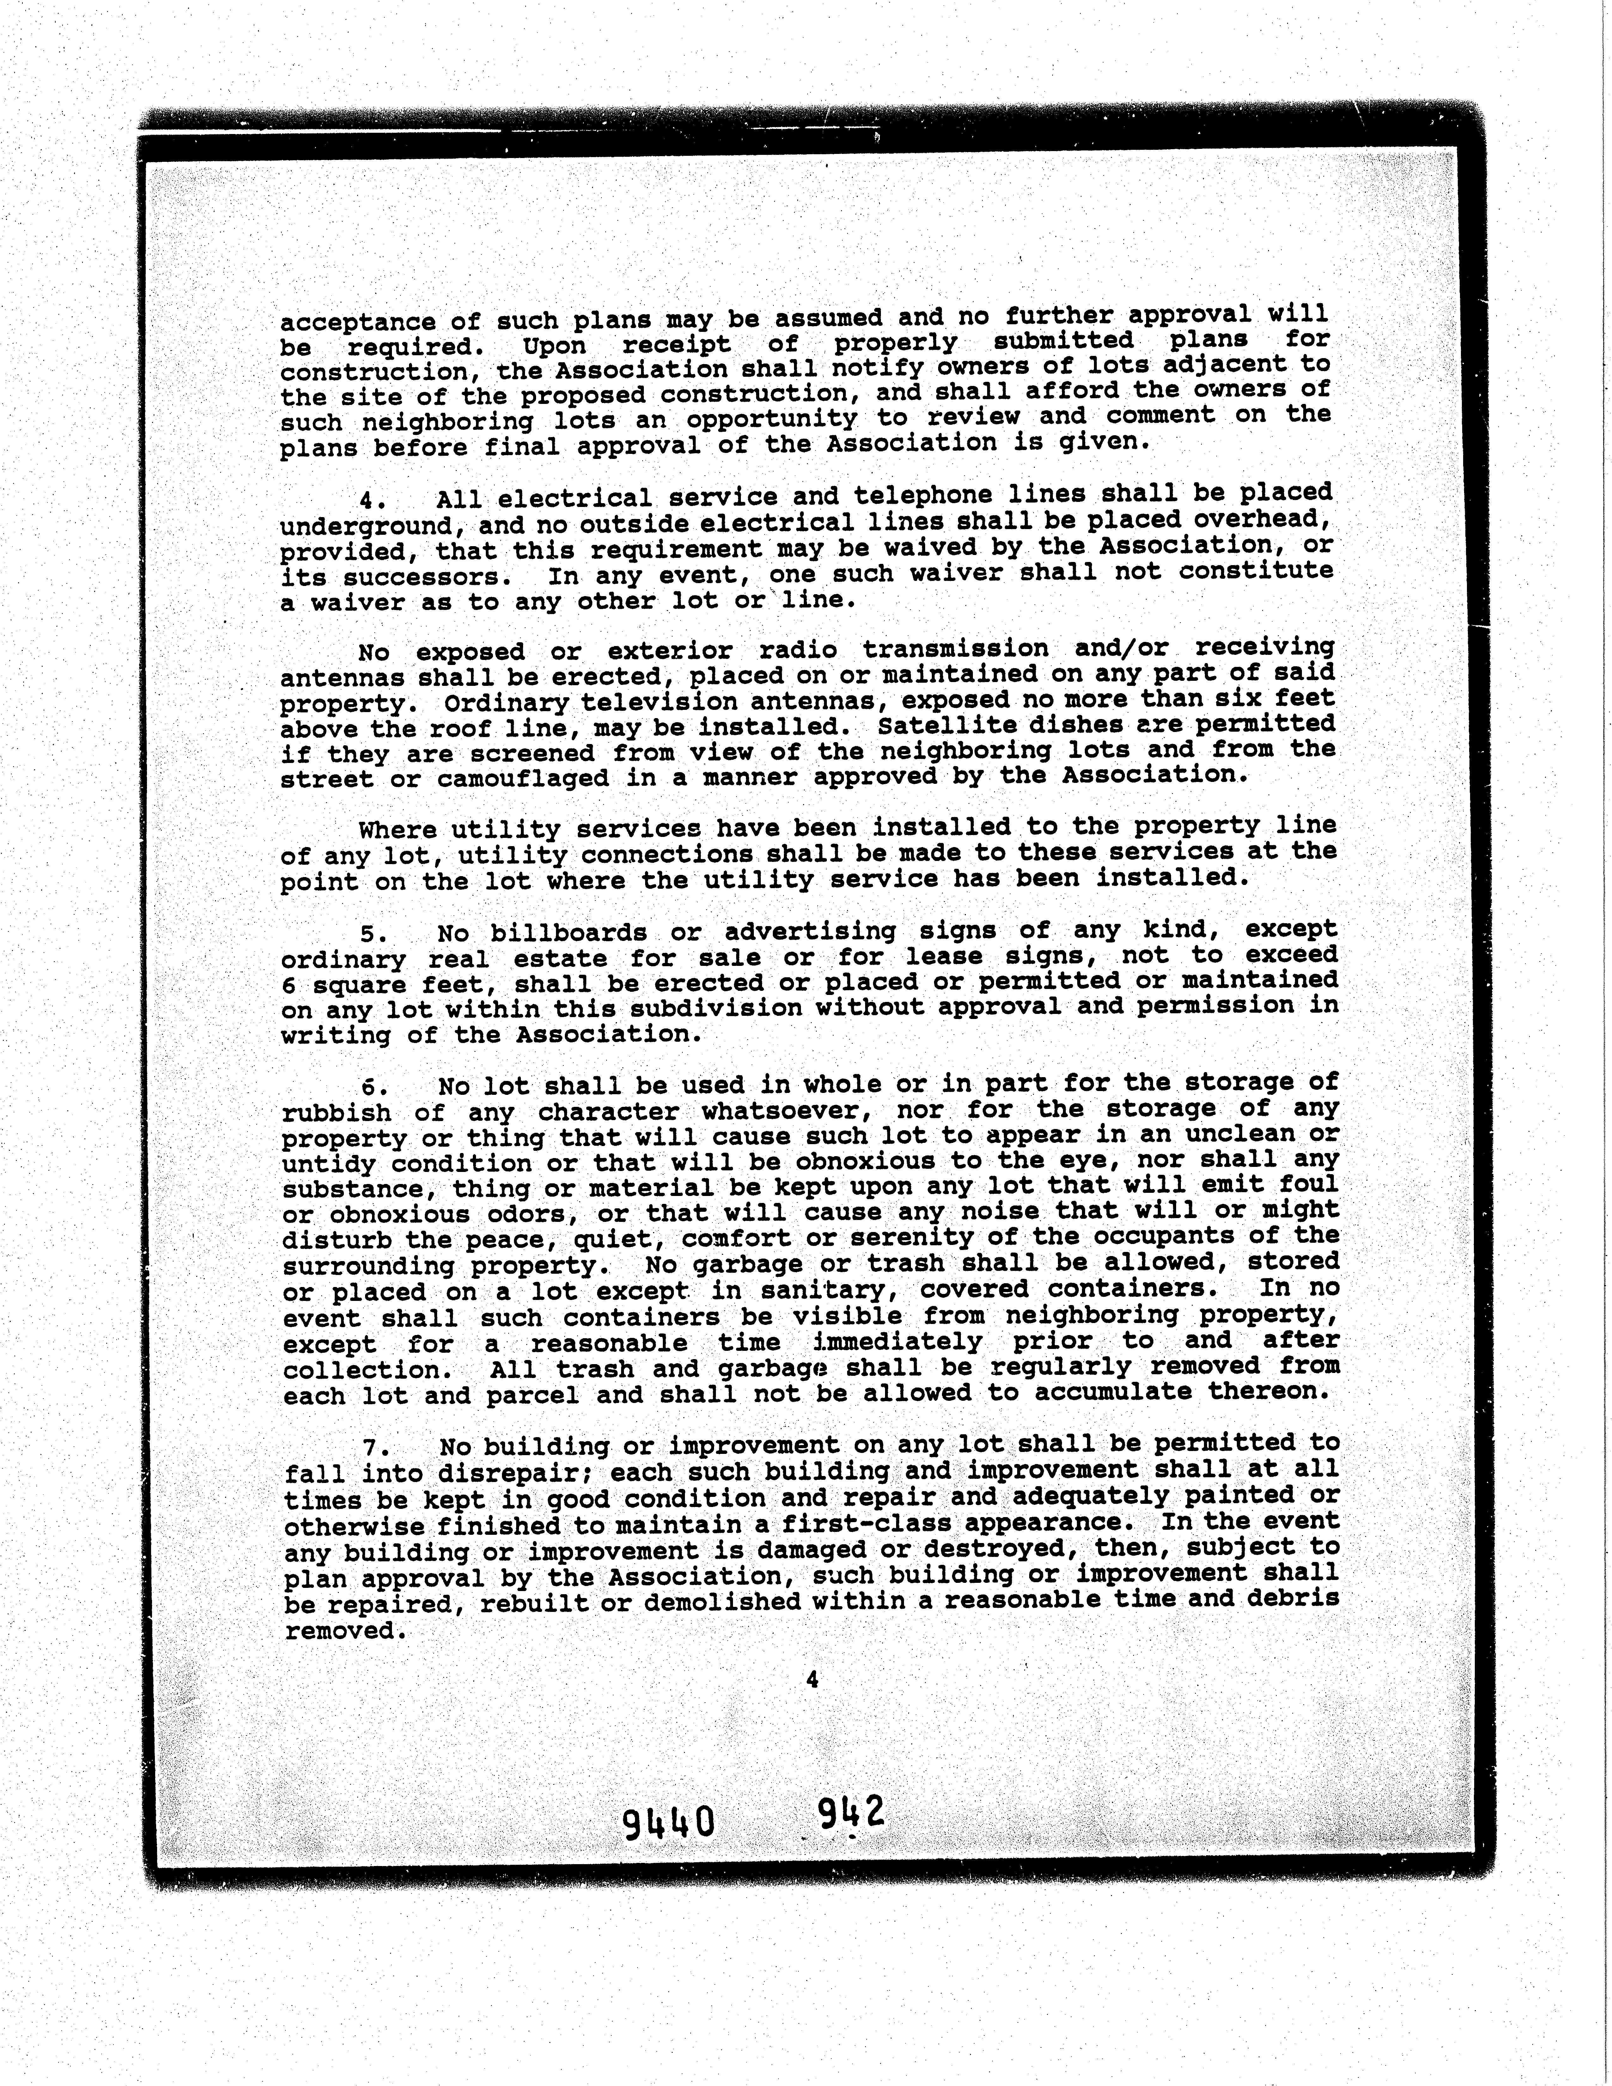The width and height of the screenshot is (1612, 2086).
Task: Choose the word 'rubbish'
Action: [336, 1114]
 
